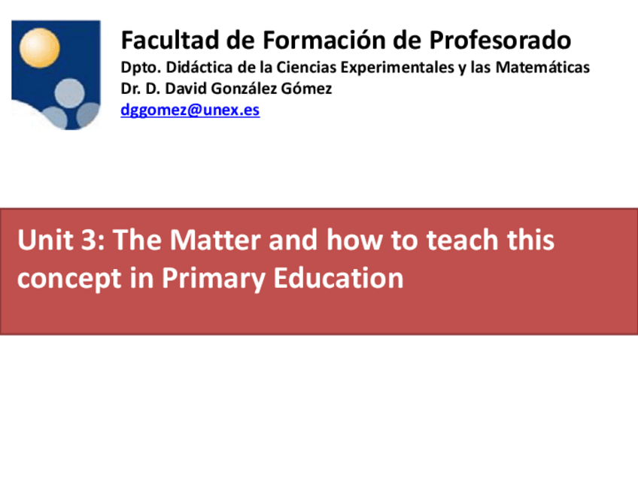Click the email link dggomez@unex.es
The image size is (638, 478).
190,110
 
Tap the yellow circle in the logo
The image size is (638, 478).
39,47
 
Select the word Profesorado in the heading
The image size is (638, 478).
500,41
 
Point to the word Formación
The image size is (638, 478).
324,41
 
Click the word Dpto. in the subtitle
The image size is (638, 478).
141,68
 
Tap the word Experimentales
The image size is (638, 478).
396,68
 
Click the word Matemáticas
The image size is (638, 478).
542,67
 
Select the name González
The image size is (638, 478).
239,88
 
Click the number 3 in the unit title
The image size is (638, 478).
87,240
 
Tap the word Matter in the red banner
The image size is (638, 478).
215,240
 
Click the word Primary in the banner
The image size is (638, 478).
213,279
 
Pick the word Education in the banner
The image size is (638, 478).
338,278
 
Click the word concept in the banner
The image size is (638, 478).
69,280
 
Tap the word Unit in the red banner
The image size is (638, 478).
45,240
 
